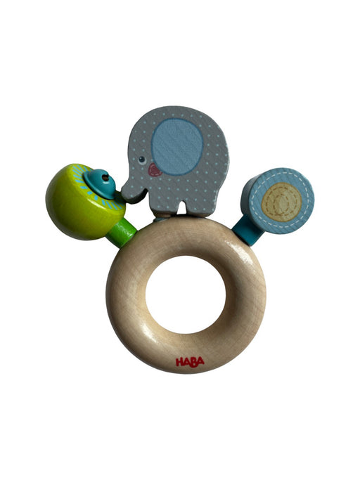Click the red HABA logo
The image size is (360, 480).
pyautogui.click(x=190, y=362)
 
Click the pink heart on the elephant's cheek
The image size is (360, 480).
pyautogui.click(x=155, y=169)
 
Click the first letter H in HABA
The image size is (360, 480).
pyautogui.click(x=180, y=362)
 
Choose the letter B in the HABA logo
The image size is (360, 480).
pyautogui.click(x=194, y=362)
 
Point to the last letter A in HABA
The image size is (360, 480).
pyautogui.click(x=201, y=362)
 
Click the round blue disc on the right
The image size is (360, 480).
pyautogui.click(x=281, y=200)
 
